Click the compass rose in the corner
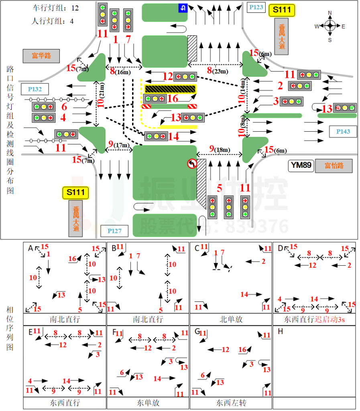(x=329, y=26)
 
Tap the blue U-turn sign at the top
(x=182, y=8)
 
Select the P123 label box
(x=256, y=7)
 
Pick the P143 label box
(x=343, y=131)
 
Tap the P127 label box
(x=114, y=231)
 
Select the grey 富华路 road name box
(x=41, y=56)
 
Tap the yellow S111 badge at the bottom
(x=75, y=193)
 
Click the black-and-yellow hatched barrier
(x=170, y=89)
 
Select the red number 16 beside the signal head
(x=173, y=99)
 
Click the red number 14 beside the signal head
(x=173, y=136)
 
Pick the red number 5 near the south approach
(x=219, y=187)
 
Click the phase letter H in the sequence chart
(x=280, y=332)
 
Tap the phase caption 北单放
(x=231, y=320)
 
